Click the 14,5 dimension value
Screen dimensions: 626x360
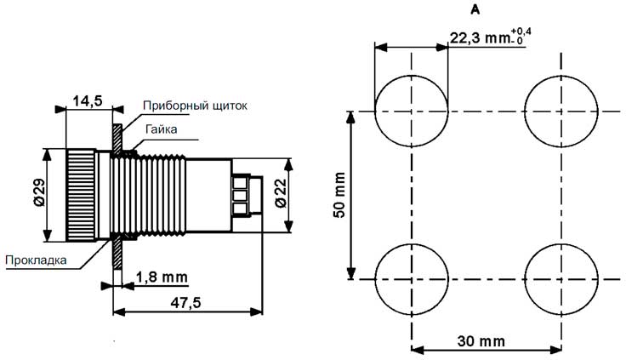(x=88, y=101)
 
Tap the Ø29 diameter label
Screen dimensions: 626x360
(x=39, y=192)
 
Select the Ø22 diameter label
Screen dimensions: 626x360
(x=281, y=193)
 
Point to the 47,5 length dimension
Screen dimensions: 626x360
(x=185, y=303)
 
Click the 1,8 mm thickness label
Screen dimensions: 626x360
(x=162, y=277)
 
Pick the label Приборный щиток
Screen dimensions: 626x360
(x=195, y=106)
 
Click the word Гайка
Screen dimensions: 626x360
(x=162, y=129)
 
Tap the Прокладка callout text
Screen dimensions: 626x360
(x=36, y=260)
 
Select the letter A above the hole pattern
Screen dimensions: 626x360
(x=475, y=10)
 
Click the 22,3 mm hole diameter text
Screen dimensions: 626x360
(x=481, y=38)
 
